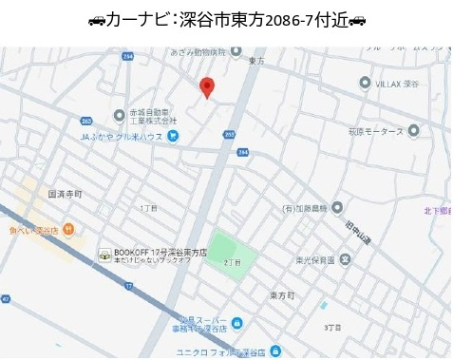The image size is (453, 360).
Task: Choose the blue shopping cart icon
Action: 173,136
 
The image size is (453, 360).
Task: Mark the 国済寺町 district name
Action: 65,194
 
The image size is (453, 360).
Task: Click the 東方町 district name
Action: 281,296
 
